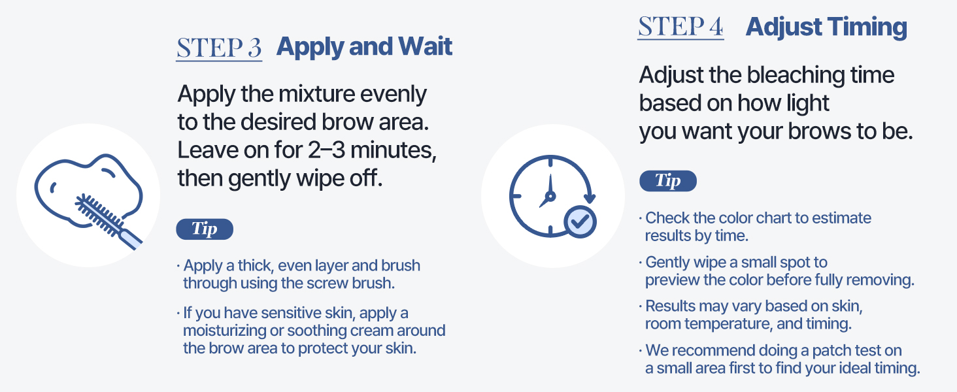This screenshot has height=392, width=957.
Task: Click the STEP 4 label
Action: (680, 27)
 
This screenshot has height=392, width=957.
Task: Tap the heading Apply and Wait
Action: (364, 47)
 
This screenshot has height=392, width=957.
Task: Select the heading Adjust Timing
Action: (826, 27)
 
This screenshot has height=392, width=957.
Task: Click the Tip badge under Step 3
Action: (205, 229)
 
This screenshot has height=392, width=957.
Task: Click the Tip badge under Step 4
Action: (667, 181)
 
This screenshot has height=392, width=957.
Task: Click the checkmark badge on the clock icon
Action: (579, 221)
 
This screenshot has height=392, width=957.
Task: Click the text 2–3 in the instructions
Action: (336, 151)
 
